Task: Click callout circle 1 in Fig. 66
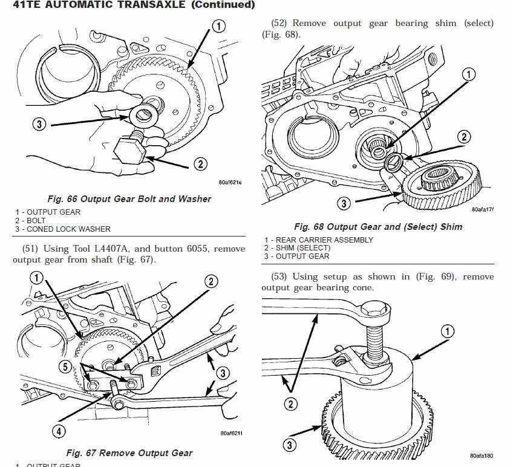pos(218,25)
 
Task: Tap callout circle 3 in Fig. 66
pos(39,125)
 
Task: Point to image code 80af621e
pos(230,182)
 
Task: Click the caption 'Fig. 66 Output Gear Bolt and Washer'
pos(129,198)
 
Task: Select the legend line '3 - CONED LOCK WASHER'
pos(63,229)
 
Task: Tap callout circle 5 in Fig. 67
pos(65,365)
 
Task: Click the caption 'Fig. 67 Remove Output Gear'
pos(129,452)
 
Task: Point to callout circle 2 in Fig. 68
pos(464,137)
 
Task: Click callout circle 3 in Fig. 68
pos(344,203)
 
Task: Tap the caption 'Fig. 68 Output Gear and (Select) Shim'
pos(377,227)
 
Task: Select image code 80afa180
pos(482,456)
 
